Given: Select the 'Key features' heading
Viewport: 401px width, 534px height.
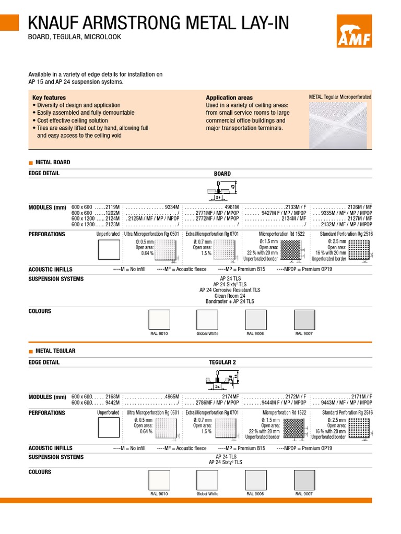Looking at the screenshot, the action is coord(49,98).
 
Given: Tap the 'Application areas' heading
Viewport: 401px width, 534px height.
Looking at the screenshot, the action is coord(229,98).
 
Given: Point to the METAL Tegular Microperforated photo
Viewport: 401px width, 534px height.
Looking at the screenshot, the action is coord(340,125).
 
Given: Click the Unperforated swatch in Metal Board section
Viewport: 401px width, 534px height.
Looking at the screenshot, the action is coord(109,249).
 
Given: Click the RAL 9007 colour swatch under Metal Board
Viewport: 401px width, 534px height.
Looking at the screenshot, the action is coord(304,320).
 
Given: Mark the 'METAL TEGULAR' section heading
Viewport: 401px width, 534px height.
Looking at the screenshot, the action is coord(55,351).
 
